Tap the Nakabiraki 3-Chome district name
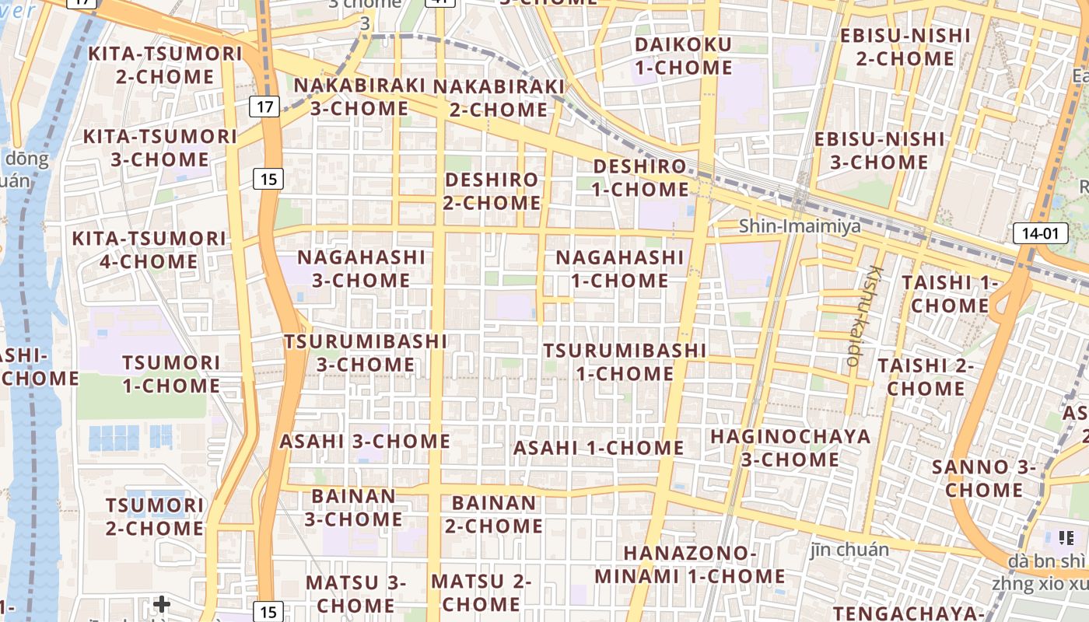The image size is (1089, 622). point(360,96)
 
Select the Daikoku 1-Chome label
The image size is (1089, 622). point(683,56)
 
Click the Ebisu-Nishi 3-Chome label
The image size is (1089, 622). point(879,151)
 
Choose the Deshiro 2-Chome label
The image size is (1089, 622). point(492,191)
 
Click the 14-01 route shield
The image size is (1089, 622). point(1040,232)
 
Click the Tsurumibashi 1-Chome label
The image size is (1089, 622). point(625,362)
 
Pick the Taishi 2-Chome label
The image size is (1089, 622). point(926,376)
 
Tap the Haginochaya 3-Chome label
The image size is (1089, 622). point(790,447)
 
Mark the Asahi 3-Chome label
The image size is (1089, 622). point(365,441)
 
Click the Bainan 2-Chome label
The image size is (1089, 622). point(494,514)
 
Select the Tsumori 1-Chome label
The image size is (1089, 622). point(171,374)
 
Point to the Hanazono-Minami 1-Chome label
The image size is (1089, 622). point(691,564)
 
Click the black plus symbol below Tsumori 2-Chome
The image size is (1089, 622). point(161,604)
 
